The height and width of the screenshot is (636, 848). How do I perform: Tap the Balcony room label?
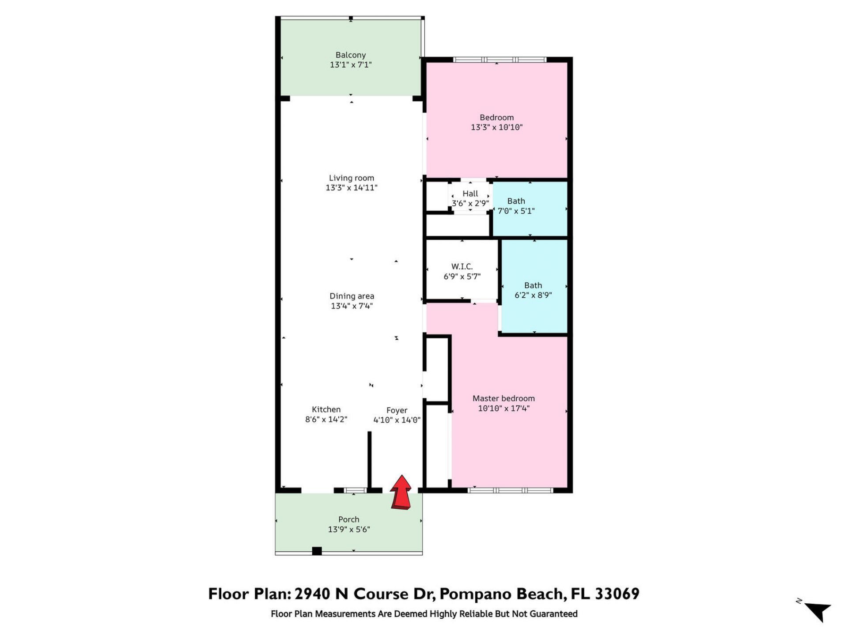point(351,55)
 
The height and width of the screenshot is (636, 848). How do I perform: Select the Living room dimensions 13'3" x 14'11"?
point(352,188)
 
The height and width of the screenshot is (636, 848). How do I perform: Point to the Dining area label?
point(352,296)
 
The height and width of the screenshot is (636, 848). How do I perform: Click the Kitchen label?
point(326,409)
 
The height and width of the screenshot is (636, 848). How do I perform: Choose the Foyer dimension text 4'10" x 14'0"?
point(397,420)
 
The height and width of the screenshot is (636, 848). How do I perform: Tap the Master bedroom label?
point(503,398)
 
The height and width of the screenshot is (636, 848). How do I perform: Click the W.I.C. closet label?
point(462,266)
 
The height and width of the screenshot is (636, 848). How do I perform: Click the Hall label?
point(470,193)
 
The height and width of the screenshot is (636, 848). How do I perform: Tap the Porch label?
point(349,519)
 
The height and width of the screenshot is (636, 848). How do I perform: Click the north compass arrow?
point(818,611)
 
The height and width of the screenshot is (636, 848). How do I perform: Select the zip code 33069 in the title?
point(617,594)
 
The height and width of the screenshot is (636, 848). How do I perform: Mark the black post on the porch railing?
point(317,551)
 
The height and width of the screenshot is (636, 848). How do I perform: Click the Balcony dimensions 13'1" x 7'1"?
point(351,65)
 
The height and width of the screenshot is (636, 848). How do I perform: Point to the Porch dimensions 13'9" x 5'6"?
point(349,530)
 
